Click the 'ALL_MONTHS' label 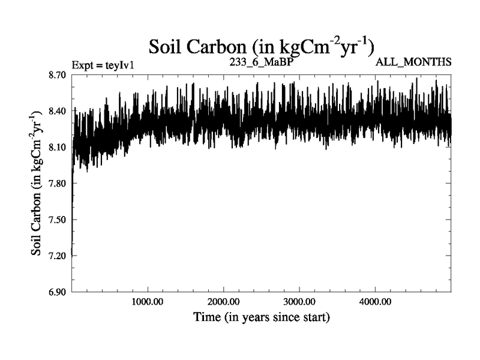413,62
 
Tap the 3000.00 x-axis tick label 299,302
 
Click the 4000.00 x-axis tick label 374,302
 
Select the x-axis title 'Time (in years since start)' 261,317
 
